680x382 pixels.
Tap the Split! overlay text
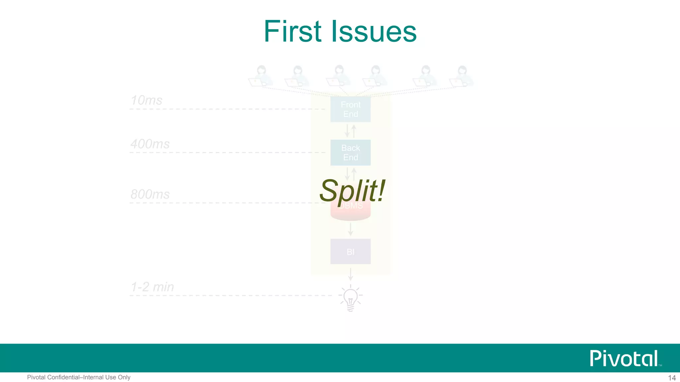(x=352, y=190)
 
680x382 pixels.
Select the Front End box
(x=350, y=109)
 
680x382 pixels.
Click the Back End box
(x=350, y=153)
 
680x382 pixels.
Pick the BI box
(x=350, y=252)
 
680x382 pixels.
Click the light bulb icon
(x=350, y=298)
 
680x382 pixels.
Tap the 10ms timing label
(x=146, y=100)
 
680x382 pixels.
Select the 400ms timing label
(x=150, y=144)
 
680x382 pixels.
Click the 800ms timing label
(x=150, y=194)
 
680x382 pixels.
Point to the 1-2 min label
(x=152, y=287)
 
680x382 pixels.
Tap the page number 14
(x=672, y=378)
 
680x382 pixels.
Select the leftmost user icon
(x=261, y=76)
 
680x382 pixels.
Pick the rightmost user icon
(x=461, y=76)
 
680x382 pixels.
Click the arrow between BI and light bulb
(x=350, y=274)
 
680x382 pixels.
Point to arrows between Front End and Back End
(x=350, y=131)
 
